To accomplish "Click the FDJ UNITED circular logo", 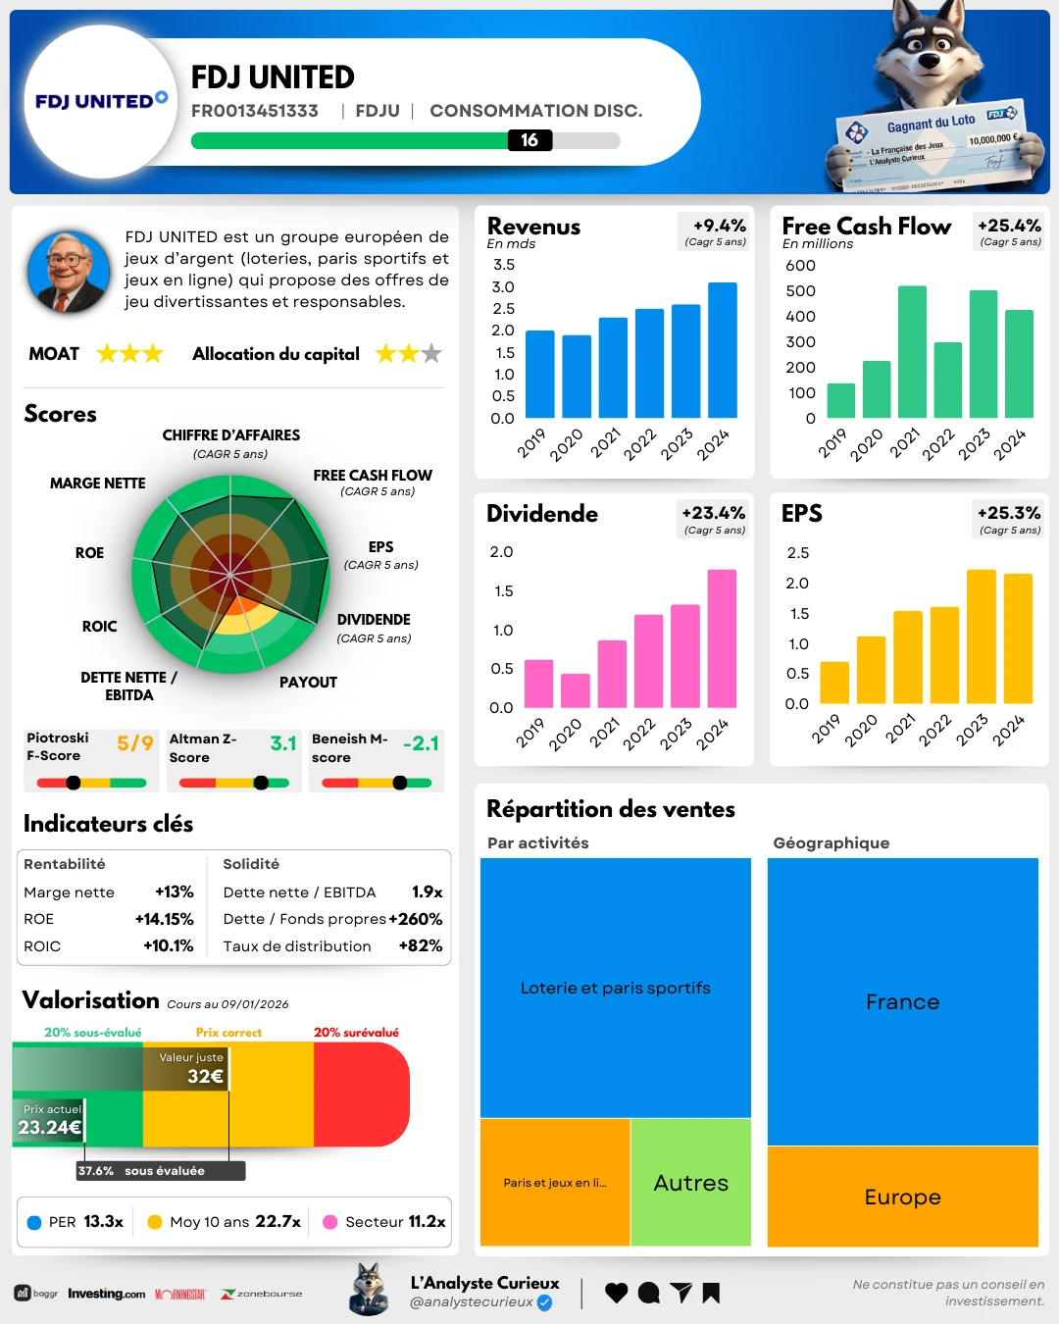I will tap(101, 101).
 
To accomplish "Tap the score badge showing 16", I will tap(529, 140).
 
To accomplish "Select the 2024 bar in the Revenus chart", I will tap(723, 350).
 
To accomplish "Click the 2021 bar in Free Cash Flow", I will tap(912, 352).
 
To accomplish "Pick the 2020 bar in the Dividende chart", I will tap(576, 690).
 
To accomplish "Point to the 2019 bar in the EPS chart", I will tap(834, 683).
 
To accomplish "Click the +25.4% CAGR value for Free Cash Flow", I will tap(1009, 226).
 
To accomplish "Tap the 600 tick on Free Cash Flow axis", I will tap(800, 266).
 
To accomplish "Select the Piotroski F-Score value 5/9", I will tap(135, 743).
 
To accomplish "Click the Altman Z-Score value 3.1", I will tap(283, 743).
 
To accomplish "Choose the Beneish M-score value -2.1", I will tap(421, 743).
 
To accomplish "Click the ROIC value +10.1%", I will tap(169, 946).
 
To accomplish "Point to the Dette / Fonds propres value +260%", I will tap(416, 919).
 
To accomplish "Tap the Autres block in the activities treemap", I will tap(691, 1183).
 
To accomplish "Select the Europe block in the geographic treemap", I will tap(902, 1197).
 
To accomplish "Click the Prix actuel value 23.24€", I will tap(49, 1128).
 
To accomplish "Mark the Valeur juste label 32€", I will tap(205, 1076).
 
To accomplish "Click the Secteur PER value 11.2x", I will tap(427, 1222).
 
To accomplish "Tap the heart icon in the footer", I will tap(616, 1293).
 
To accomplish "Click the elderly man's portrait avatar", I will tap(68, 272).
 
